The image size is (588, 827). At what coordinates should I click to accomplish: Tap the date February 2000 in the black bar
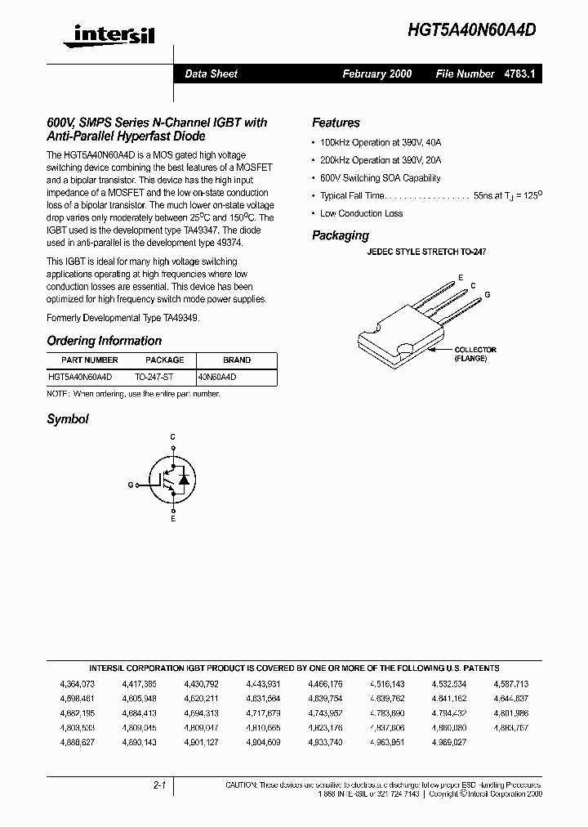[x=376, y=74]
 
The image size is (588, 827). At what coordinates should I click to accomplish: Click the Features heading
[x=336, y=123]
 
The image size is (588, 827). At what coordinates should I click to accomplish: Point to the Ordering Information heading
[x=104, y=341]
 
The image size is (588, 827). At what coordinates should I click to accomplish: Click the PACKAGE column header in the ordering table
[x=164, y=360]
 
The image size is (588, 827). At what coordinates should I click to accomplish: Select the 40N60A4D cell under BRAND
[x=217, y=378]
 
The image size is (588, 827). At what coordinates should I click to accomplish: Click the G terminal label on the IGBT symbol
[x=130, y=485]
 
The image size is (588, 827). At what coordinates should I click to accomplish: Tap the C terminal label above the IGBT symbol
[x=172, y=438]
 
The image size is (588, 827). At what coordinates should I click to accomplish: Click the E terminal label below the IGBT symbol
[x=172, y=519]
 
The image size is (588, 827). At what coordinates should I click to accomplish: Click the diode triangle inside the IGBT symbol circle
[x=184, y=478]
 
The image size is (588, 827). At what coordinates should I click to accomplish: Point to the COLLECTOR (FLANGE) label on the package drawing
[x=474, y=354]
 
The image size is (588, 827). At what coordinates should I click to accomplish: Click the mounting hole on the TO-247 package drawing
[x=403, y=351]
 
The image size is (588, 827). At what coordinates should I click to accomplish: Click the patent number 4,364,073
[x=78, y=684]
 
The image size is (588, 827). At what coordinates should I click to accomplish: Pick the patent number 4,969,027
[x=449, y=742]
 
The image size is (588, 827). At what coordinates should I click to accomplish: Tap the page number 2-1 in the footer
[x=159, y=785]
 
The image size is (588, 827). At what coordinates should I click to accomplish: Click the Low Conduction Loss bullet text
[x=361, y=213]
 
